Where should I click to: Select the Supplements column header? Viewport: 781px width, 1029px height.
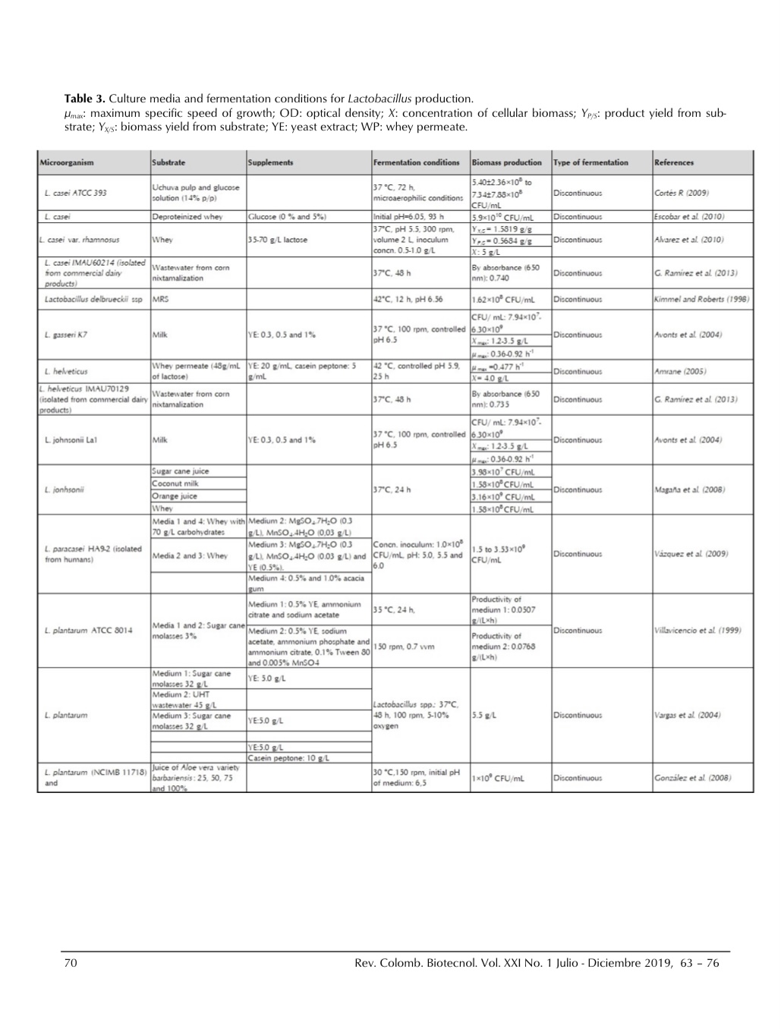click(x=270, y=162)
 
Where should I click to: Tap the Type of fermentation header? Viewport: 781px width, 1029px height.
click(x=590, y=162)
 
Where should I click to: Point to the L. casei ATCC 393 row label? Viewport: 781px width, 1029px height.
click(x=75, y=193)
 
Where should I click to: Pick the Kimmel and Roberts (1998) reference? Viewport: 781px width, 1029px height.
click(x=701, y=300)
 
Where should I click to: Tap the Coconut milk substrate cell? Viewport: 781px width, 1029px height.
click(x=176, y=483)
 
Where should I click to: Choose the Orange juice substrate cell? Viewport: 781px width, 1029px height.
click(x=175, y=496)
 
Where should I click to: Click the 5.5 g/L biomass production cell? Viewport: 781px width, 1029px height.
click(x=484, y=715)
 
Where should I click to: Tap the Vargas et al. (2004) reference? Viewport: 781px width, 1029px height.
click(x=687, y=715)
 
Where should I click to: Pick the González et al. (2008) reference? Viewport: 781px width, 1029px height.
click(x=692, y=779)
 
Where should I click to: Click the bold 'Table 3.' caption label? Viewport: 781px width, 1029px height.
click(x=85, y=99)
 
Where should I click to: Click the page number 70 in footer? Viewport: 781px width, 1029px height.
click(x=71, y=964)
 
